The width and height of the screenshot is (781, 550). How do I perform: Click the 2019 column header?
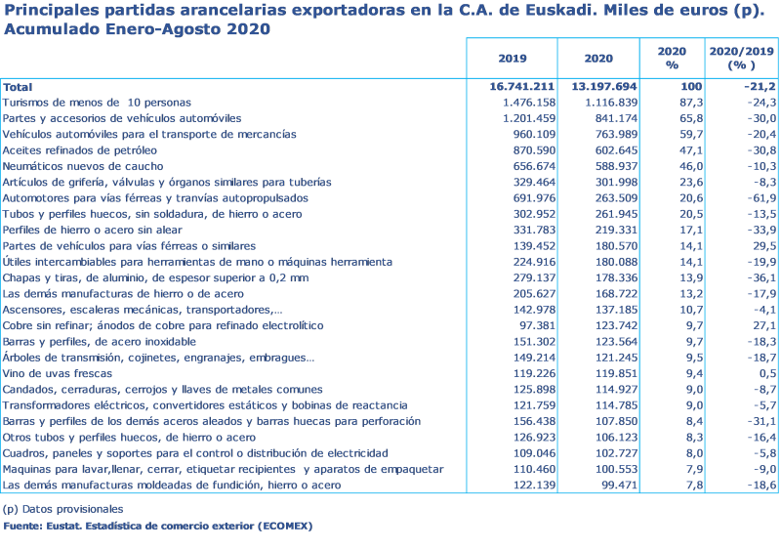[513, 58]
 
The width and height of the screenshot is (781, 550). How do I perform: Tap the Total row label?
[18, 87]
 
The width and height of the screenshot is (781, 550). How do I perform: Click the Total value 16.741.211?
[521, 87]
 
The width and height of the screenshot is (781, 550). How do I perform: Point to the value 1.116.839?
[610, 103]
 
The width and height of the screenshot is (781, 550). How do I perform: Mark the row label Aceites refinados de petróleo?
[79, 150]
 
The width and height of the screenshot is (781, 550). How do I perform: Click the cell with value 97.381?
[533, 326]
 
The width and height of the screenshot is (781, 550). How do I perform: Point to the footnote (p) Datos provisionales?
[62, 509]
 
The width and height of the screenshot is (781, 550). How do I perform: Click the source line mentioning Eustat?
[157, 526]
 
